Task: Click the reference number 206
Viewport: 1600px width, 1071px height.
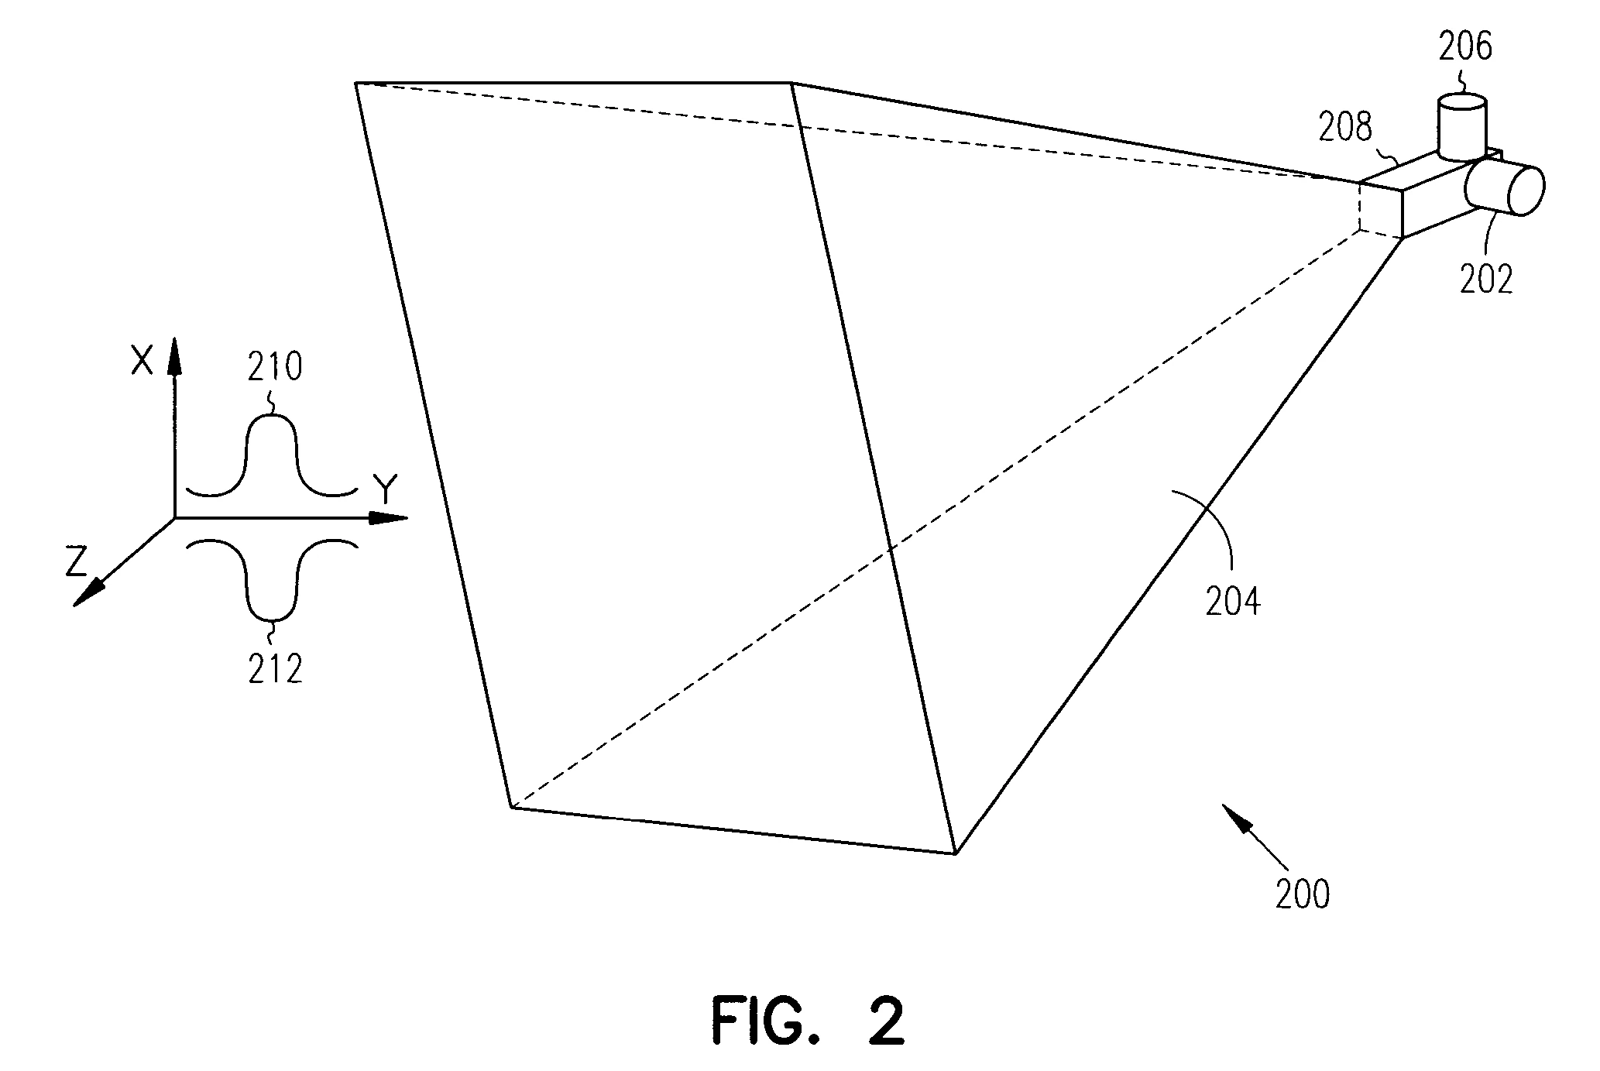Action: [x=1465, y=47]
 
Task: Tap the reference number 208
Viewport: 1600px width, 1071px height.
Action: [x=1345, y=127]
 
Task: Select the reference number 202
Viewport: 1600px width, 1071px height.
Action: [x=1486, y=279]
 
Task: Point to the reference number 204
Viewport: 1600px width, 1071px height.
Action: [x=1232, y=602]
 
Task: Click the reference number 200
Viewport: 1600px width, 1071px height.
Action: [x=1303, y=894]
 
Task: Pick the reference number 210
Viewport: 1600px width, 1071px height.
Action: [x=275, y=367]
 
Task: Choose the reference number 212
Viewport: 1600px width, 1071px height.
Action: [x=275, y=669]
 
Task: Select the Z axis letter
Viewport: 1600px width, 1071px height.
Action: [x=76, y=562]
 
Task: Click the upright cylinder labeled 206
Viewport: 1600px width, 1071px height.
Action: [x=1462, y=128]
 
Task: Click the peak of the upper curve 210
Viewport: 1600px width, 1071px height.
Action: [x=272, y=418]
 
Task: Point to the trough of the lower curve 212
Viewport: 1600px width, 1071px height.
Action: [x=272, y=620]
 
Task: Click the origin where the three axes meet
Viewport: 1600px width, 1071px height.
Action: [x=175, y=517]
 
